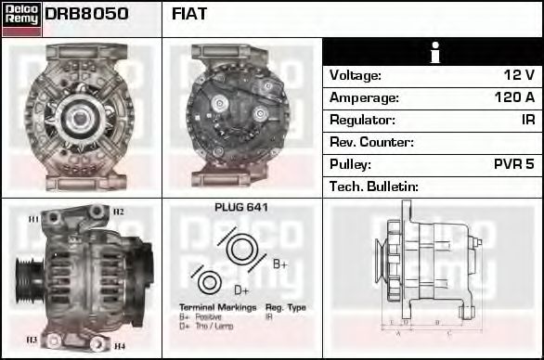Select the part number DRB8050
(86, 14)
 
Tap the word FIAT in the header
(189, 14)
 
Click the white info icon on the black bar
(433, 53)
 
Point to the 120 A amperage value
(513, 97)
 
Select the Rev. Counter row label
(371, 142)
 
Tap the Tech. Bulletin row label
(374, 186)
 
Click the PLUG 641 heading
(240, 207)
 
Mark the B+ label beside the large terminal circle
(279, 264)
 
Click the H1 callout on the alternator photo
(33, 219)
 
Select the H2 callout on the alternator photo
(119, 212)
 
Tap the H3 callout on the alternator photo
(32, 340)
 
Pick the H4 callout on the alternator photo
(119, 345)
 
